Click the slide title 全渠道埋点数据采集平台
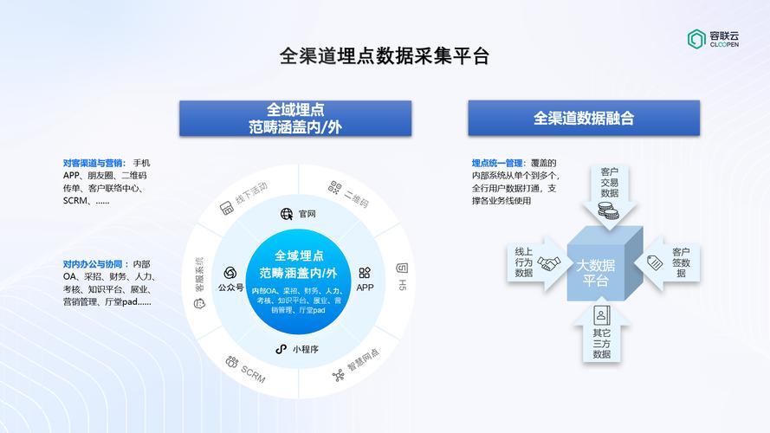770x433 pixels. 385,56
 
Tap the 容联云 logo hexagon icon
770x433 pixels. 696,39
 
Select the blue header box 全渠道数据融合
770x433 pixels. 584,118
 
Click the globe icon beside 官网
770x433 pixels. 287,214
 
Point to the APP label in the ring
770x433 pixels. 365,288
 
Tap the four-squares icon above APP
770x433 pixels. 365,273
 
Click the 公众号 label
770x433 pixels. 230,288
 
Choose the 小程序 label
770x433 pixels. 306,349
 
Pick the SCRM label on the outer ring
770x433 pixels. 254,375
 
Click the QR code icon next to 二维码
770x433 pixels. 335,187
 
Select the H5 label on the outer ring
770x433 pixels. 402,285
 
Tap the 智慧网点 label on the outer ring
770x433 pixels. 364,360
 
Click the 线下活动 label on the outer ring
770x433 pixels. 251,193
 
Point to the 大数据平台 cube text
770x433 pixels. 595,273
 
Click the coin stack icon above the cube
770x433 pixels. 608,211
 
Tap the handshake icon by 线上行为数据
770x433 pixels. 548,263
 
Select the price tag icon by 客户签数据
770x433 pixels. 655,262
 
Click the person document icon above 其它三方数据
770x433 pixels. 602,316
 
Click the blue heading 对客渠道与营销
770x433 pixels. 94,163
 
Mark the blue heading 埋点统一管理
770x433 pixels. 499,163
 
